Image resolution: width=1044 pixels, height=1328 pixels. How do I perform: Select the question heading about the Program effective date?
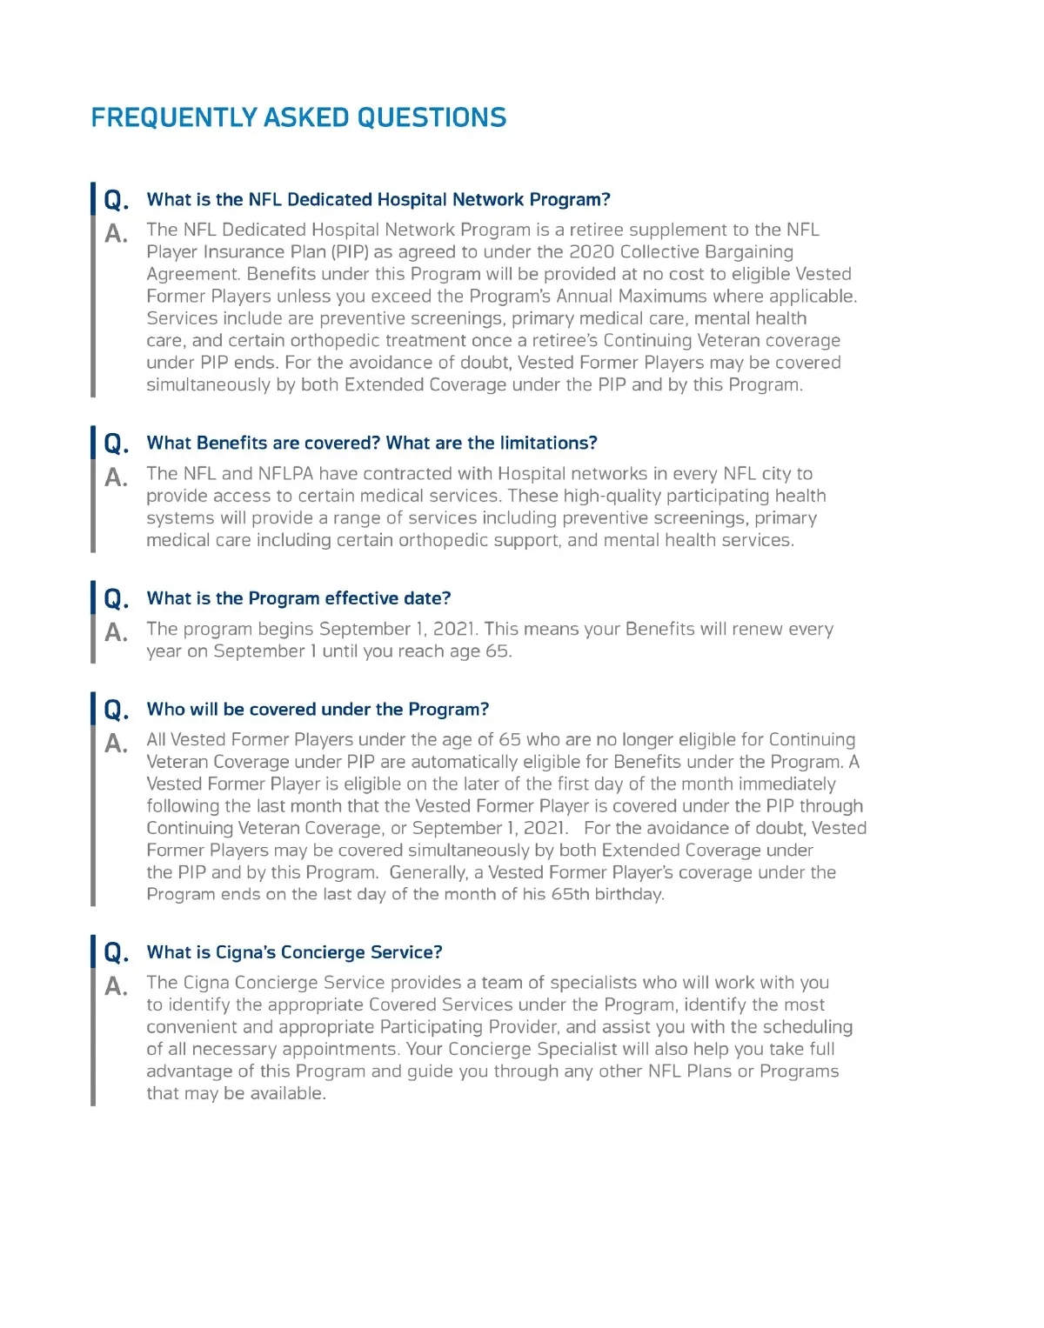[x=298, y=598]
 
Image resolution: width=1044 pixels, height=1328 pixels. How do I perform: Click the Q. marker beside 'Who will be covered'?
[x=116, y=710]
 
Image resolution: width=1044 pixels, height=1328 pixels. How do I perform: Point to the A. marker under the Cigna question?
[x=116, y=986]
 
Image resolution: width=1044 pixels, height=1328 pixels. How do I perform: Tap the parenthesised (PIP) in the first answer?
[x=350, y=252]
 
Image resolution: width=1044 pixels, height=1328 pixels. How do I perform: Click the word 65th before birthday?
[x=570, y=894]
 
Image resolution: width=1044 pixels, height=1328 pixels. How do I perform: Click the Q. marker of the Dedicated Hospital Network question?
[x=116, y=200]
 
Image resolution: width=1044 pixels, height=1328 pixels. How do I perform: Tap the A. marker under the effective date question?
[x=116, y=632]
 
